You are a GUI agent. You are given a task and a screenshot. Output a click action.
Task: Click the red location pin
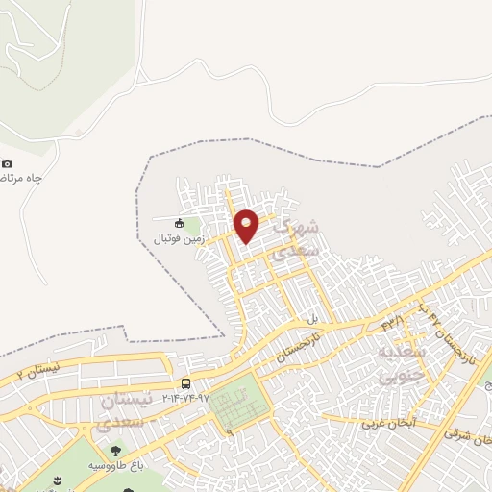[246, 225]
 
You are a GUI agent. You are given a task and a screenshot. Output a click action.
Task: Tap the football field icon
[179, 223]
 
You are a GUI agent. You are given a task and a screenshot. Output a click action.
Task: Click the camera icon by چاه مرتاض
[8, 164]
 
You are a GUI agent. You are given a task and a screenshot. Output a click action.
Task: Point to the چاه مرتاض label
[19, 179]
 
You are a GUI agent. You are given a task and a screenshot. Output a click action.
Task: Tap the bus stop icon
[184, 382]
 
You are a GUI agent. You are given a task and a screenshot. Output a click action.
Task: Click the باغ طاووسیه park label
[116, 464]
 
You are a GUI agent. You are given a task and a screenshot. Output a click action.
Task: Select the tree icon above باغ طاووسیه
[116, 449]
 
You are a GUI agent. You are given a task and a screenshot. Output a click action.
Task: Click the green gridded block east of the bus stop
[235, 403]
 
